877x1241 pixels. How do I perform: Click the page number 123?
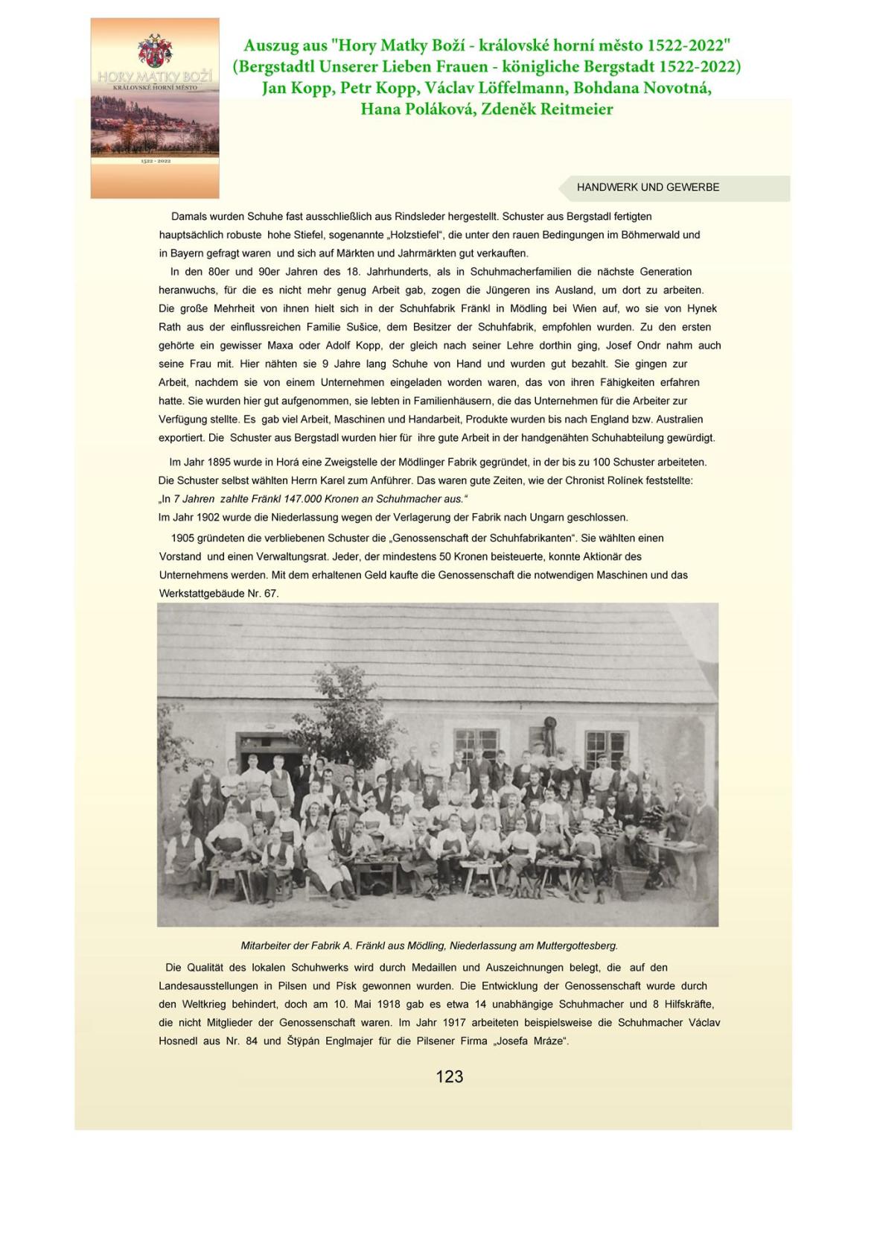tap(449, 1076)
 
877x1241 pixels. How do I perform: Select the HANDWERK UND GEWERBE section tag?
tap(648, 188)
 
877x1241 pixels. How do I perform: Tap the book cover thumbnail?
tap(155, 109)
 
